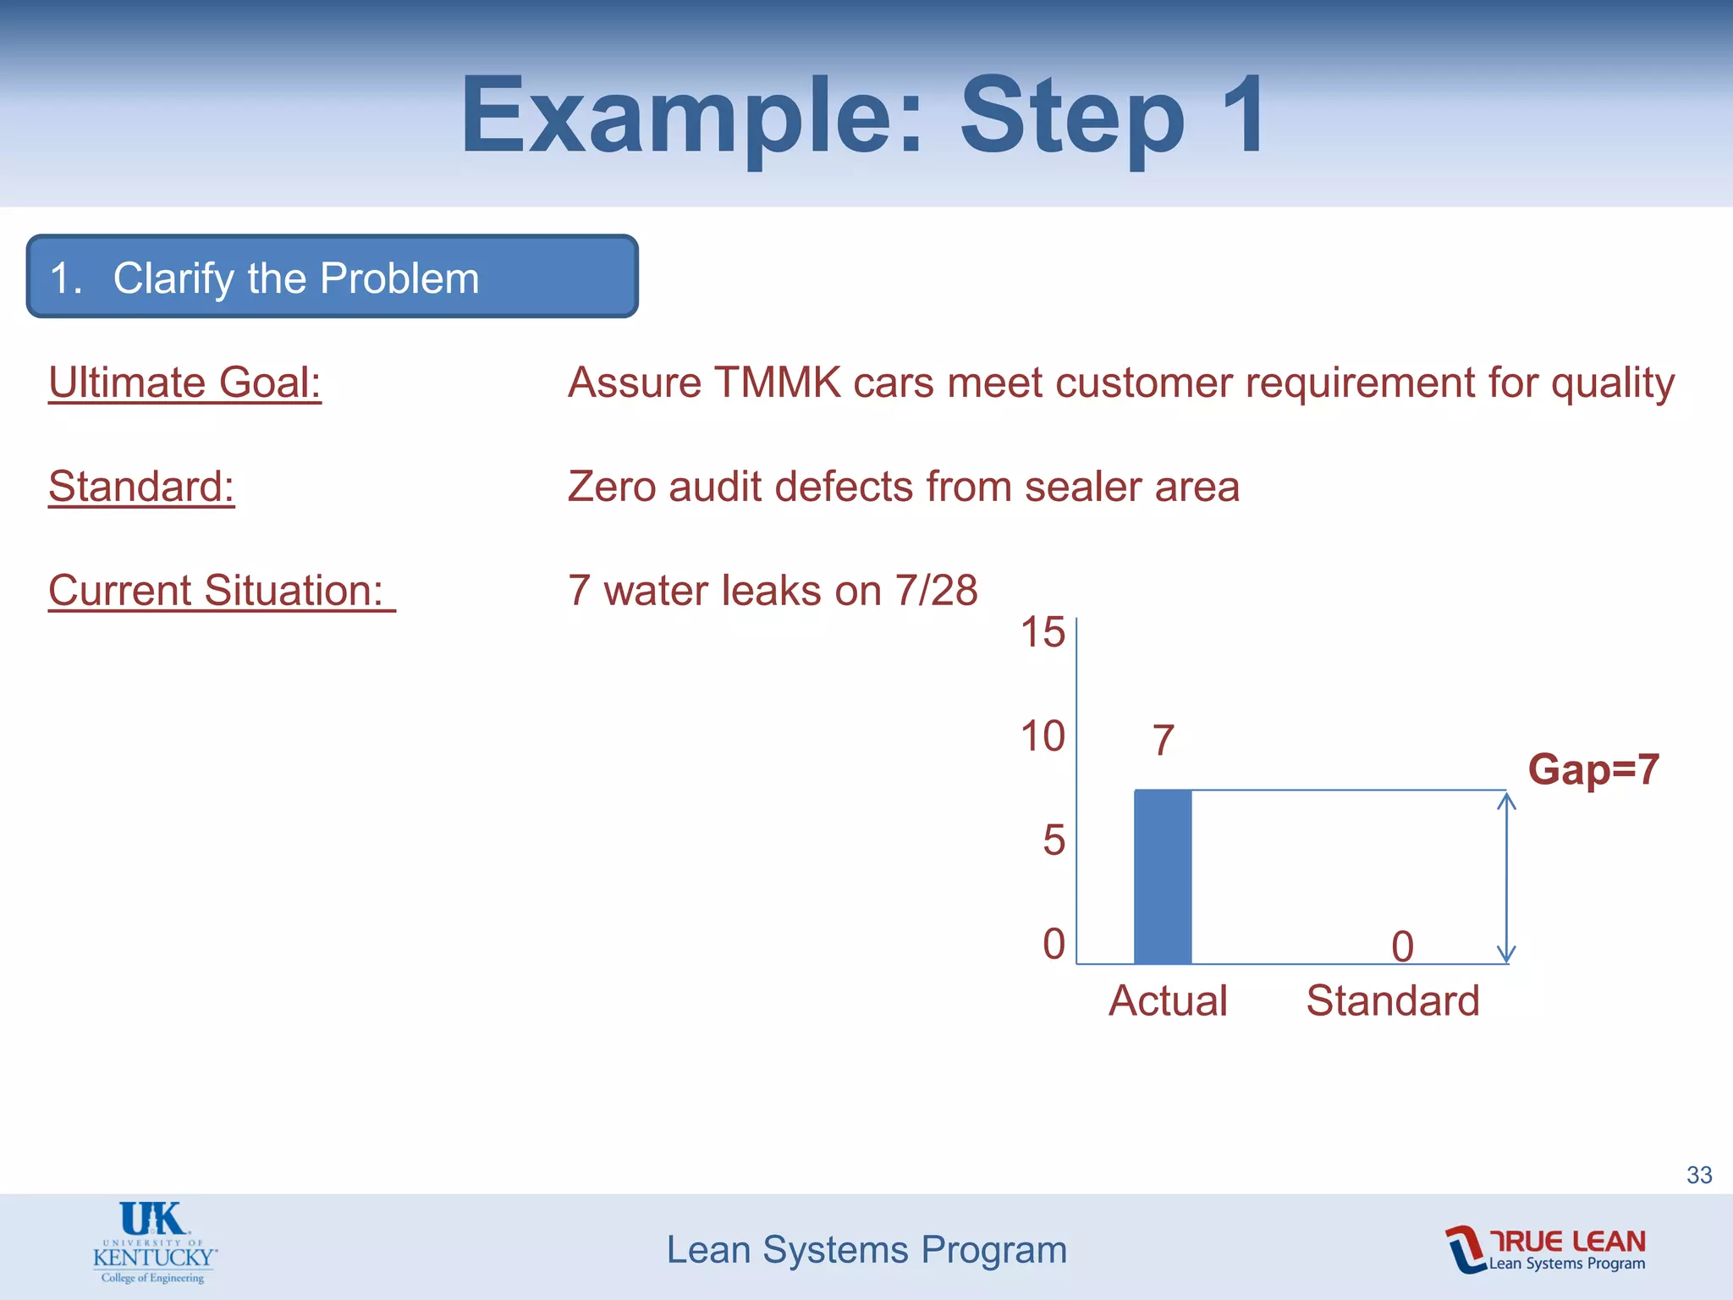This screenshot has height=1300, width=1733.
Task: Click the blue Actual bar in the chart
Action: [1163, 876]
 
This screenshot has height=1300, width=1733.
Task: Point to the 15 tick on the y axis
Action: [1043, 632]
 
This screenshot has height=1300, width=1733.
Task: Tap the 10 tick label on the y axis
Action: [1043, 736]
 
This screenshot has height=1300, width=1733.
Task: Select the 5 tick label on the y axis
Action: [1054, 840]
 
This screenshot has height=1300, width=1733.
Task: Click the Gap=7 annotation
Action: [1593, 769]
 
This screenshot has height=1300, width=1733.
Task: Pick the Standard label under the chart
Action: [1393, 1000]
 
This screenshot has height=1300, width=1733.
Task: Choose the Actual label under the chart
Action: [1168, 1000]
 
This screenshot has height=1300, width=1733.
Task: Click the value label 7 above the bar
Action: [1164, 741]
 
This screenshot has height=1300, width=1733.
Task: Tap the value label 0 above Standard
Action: [1402, 946]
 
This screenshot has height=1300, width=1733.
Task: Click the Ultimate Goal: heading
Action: [184, 383]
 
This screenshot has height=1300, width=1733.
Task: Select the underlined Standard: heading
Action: [141, 487]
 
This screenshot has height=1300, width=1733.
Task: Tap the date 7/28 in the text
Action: [936, 591]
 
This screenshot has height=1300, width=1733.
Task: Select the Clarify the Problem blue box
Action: [332, 277]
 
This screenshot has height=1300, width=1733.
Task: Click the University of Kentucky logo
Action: [154, 1242]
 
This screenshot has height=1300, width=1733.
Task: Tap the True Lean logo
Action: [1546, 1249]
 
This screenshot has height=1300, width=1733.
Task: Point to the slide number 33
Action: [1699, 1175]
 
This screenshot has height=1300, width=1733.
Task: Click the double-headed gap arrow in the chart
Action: [1506, 876]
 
